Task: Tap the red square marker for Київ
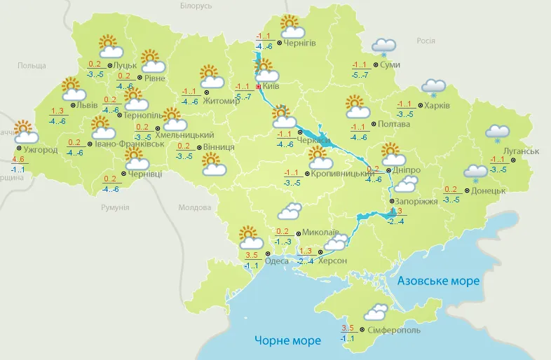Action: coord(259,86)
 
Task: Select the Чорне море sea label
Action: coord(287,341)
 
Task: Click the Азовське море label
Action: coord(438,281)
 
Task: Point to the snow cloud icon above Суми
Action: coord(384,47)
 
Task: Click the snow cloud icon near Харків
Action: coord(433,88)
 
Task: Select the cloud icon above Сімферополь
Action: coord(376,312)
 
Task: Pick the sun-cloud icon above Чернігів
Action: coord(292,27)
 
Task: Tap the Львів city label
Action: coord(87,105)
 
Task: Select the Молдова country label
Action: coord(194,208)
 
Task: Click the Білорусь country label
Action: coord(196,6)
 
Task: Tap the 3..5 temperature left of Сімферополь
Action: coord(347,328)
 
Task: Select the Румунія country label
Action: coord(115,208)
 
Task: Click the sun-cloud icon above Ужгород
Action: coord(25,132)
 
